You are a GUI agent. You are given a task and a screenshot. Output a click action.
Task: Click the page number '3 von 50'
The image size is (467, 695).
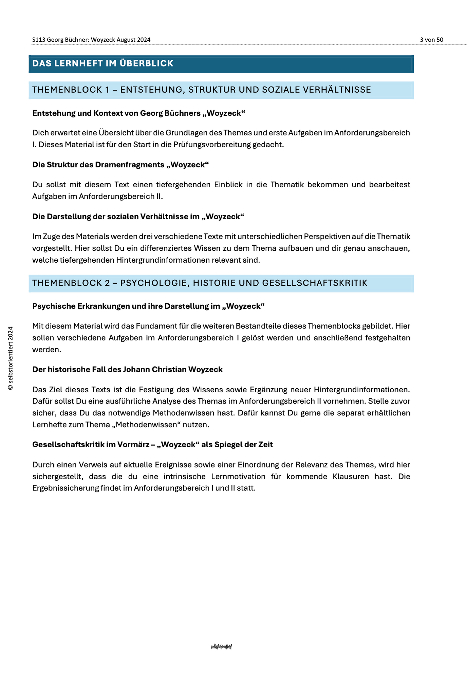tap(431, 40)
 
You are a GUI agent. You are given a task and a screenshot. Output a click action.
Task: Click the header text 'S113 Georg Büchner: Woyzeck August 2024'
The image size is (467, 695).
tap(91, 40)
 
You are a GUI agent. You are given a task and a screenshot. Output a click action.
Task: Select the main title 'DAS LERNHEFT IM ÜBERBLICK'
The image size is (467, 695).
tap(103, 63)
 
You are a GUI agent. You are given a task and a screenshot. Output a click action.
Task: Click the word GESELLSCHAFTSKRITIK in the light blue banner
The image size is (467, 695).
tap(319, 283)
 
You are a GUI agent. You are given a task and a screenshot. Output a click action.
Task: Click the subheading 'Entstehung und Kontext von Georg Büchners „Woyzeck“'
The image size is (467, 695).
tap(138, 113)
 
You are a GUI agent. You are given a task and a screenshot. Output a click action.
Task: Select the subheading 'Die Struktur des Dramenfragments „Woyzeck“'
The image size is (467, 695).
tap(120, 165)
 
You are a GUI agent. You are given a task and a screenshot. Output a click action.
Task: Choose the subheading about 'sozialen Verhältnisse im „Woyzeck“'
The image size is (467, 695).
tap(138, 217)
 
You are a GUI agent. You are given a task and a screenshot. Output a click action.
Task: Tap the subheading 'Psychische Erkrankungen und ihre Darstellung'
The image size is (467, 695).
tap(148, 306)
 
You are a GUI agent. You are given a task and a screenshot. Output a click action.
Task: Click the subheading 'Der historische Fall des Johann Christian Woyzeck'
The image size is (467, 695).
tap(127, 370)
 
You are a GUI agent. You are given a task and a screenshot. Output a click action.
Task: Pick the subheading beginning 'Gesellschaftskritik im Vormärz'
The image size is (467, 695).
tap(152, 445)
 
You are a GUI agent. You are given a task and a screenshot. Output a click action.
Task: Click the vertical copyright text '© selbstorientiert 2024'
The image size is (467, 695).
tap(11, 358)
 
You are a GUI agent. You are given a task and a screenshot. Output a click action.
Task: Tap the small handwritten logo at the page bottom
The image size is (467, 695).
tap(221, 647)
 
